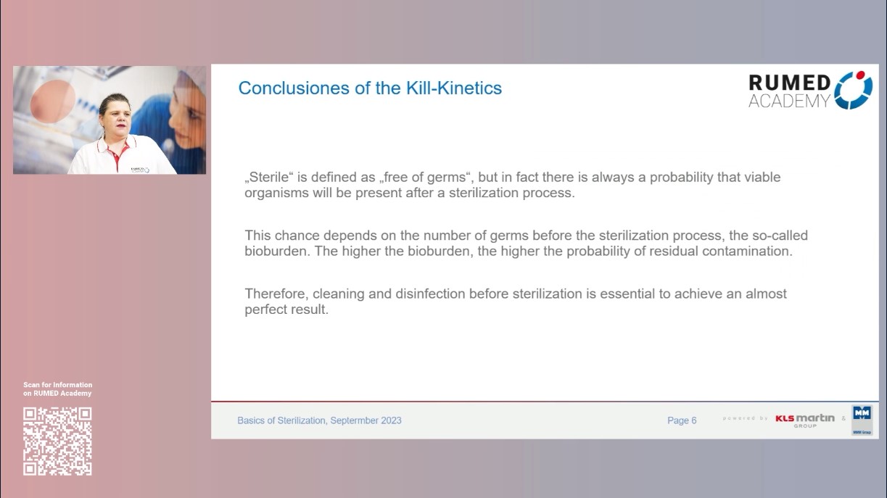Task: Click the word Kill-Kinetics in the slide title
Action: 454,88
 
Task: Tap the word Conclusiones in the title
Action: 294,88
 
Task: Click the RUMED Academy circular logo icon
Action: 854,90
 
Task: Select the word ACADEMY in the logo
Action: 789,101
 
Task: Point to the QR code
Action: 57,441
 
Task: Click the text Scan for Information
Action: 58,385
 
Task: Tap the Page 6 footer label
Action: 682,420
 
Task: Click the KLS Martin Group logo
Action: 805,420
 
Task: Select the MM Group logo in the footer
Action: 862,420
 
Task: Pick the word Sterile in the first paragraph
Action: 269,177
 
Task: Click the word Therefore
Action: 276,294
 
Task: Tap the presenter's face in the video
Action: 115,115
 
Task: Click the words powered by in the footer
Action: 746,418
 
